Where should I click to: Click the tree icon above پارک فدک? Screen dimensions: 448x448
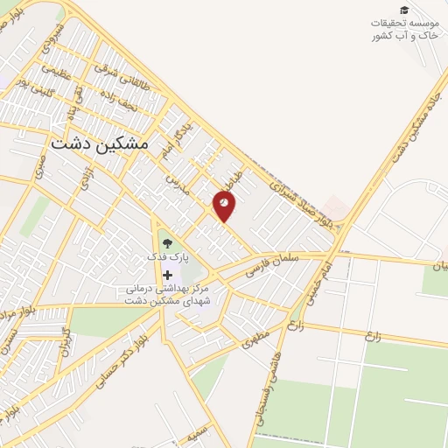tap(167, 242)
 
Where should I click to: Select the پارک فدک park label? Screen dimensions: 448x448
tap(166, 259)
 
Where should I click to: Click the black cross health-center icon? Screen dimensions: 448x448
tap(167, 275)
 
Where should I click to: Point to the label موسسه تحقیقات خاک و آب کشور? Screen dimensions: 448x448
tap(403, 28)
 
